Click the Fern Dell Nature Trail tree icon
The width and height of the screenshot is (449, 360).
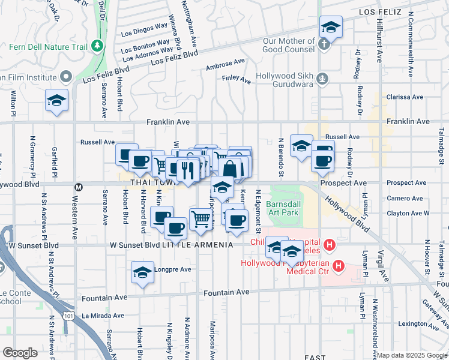[x=96, y=46]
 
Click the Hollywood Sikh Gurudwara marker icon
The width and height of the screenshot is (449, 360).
[x=322, y=77]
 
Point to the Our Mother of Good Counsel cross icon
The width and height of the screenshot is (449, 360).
[x=324, y=44]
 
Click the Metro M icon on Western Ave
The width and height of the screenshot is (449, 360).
[x=77, y=186]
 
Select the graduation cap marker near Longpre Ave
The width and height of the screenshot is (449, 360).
[x=142, y=273]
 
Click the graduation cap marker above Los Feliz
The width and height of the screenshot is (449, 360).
[x=330, y=27]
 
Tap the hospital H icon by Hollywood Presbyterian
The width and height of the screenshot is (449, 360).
[x=339, y=265]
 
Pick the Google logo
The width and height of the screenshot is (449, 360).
[x=20, y=353]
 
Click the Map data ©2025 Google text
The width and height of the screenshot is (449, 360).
[x=412, y=355]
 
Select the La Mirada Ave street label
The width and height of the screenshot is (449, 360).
[x=103, y=315]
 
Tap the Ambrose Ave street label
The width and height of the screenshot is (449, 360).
[x=225, y=62]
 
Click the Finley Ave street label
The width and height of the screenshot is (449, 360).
[x=236, y=78]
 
